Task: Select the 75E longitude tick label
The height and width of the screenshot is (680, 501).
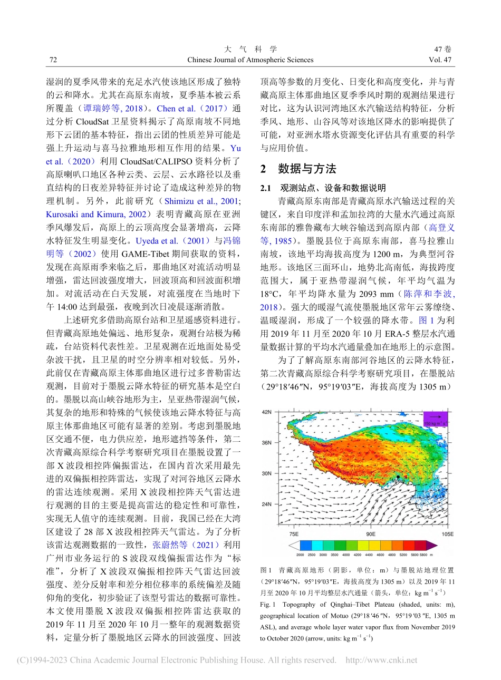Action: tap(294, 533)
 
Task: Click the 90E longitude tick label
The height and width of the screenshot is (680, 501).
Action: tap(371, 533)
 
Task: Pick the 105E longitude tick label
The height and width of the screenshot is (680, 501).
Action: tap(447, 533)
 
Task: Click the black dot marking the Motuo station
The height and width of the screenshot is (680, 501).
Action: tap(398, 477)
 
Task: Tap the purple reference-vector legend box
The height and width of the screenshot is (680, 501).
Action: tap(436, 420)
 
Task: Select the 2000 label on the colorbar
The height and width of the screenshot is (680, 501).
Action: tap(300, 555)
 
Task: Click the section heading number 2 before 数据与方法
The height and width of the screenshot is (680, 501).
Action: tap(264, 169)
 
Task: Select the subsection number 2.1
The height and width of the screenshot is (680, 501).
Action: tap(266, 188)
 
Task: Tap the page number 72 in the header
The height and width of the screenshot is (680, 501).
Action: tap(53, 60)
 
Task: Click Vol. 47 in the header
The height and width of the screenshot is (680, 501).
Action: tap(440, 60)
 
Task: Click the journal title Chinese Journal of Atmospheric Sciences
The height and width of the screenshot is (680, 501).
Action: tap(250, 60)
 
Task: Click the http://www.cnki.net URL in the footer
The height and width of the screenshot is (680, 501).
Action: tap(381, 660)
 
